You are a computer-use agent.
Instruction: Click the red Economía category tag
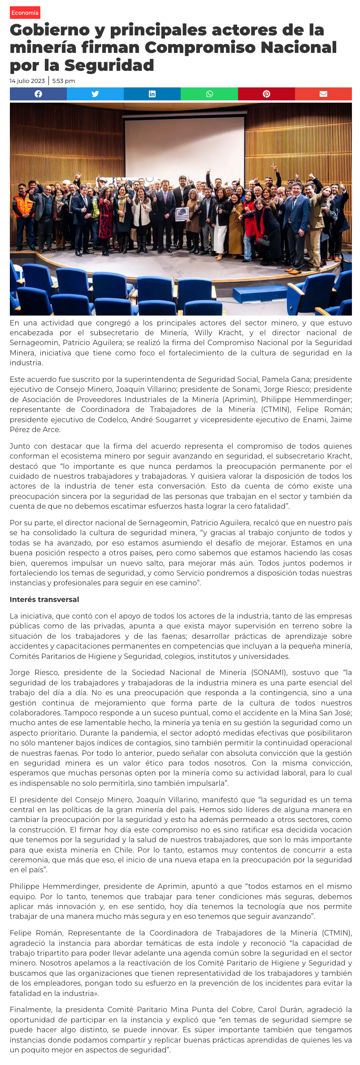pyautogui.click(x=25, y=13)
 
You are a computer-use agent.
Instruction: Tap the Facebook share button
pyautogui.click(x=39, y=94)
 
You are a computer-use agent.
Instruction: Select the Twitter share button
pyautogui.click(x=95, y=94)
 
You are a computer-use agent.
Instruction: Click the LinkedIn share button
pyautogui.click(x=152, y=94)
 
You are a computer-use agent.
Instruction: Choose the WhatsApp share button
pyautogui.click(x=209, y=94)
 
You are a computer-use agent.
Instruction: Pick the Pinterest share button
pyautogui.click(x=266, y=94)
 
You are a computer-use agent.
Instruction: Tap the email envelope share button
pyautogui.click(x=323, y=94)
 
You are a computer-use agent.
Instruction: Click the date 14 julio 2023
pyautogui.click(x=27, y=81)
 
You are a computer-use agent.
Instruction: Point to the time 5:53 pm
pyautogui.click(x=64, y=81)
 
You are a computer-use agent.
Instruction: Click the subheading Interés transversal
pyautogui.click(x=44, y=600)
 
